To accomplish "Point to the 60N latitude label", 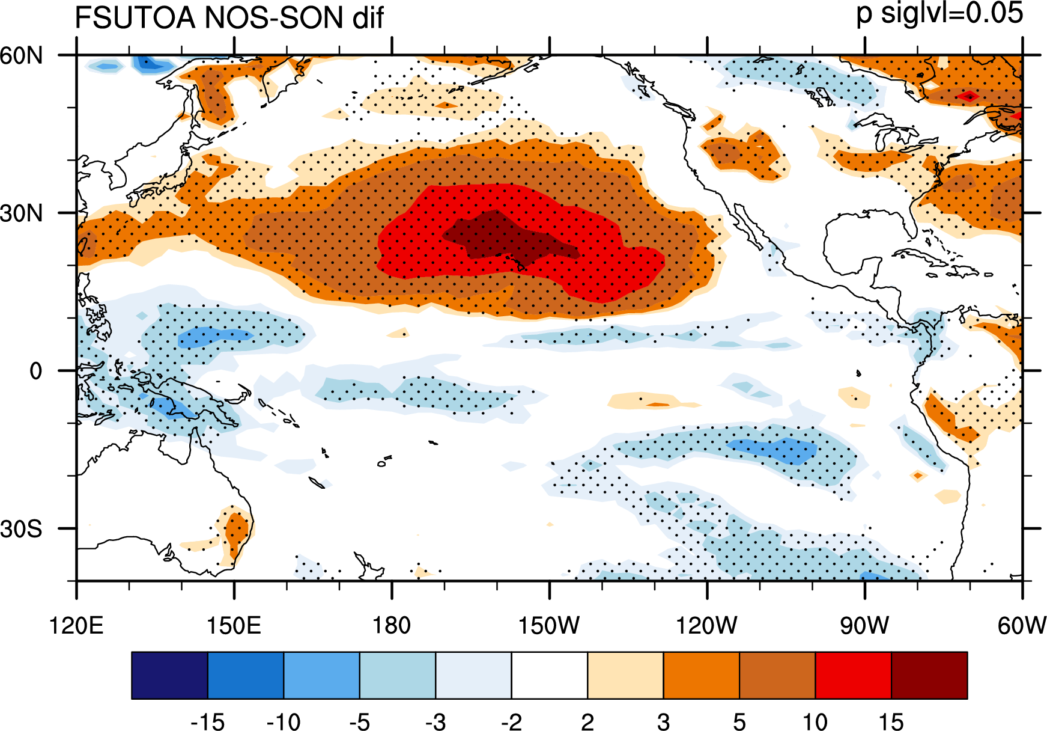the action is pyautogui.click(x=22, y=55).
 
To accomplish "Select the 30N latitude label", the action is pyautogui.click(x=22, y=213).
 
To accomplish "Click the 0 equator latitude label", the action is pyautogui.click(x=36, y=371).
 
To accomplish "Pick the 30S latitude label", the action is pyautogui.click(x=22, y=529).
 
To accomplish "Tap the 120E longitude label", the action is pyautogui.click(x=76, y=625).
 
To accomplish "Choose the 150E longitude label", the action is pyautogui.click(x=234, y=625).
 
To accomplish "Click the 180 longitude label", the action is pyautogui.click(x=391, y=625).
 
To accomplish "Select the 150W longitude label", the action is pyautogui.click(x=549, y=625).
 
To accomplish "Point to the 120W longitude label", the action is pyautogui.click(x=706, y=625).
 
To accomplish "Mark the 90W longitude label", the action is pyautogui.click(x=864, y=625).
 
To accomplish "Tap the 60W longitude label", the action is pyautogui.click(x=1022, y=625).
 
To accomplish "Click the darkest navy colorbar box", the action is pyautogui.click(x=169, y=675).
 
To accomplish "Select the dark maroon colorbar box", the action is pyautogui.click(x=929, y=675).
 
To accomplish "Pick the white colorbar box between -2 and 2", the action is pyautogui.click(x=550, y=675).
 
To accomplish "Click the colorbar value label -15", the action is pyautogui.click(x=207, y=721).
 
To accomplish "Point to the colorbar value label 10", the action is pyautogui.click(x=815, y=721).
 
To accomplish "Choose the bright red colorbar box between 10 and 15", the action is pyautogui.click(x=854, y=675).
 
